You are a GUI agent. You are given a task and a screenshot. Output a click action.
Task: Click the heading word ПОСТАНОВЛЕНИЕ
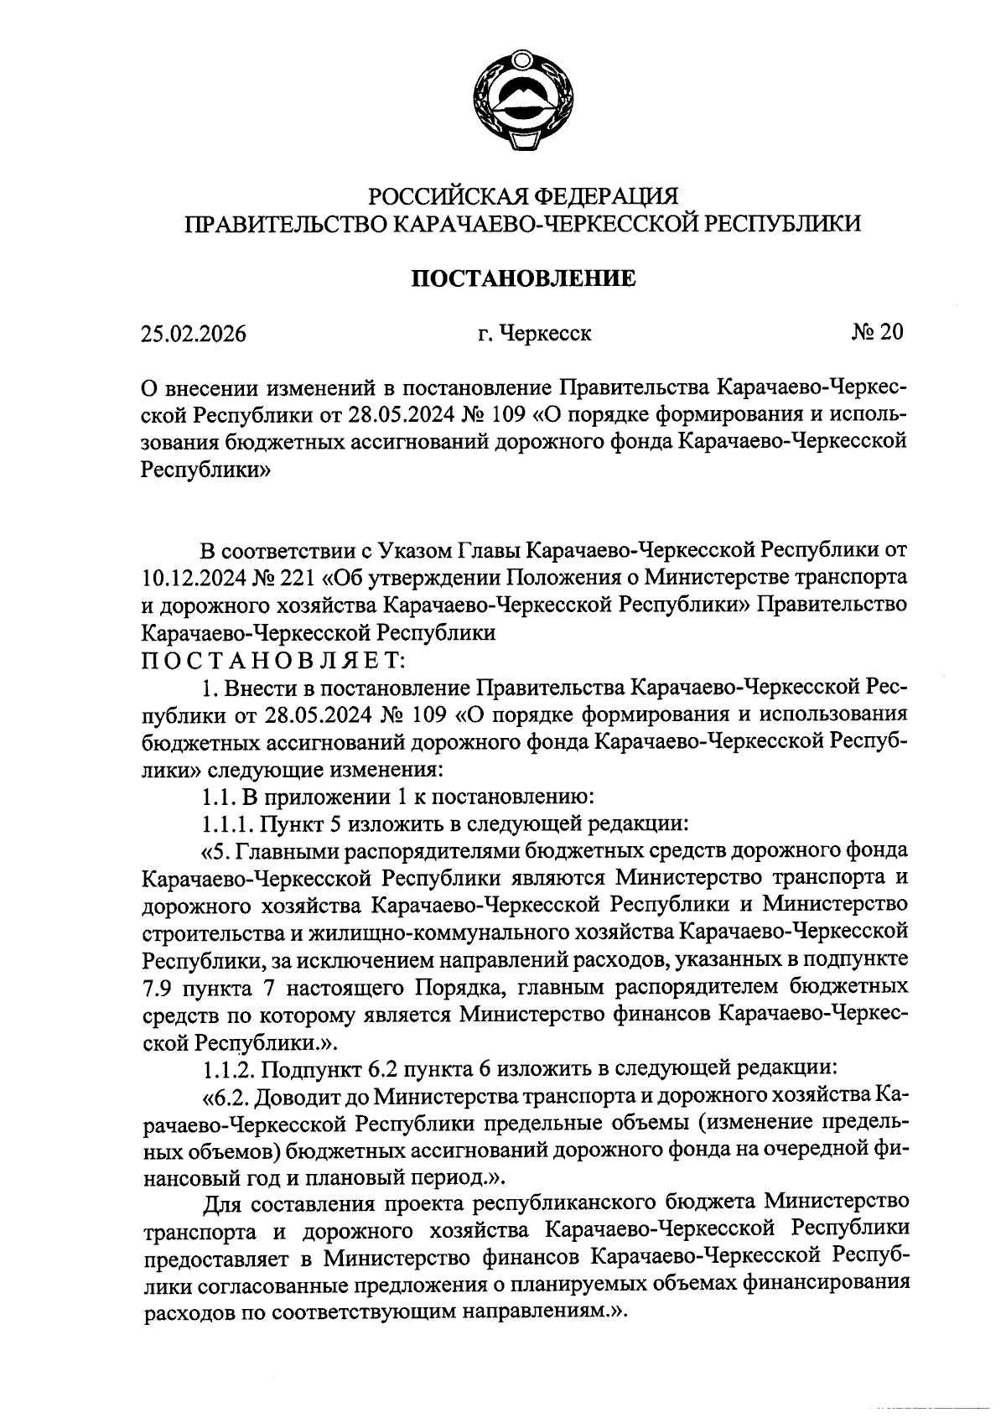pos(523,278)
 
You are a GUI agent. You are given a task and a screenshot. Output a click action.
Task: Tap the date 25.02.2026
pos(194,334)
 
